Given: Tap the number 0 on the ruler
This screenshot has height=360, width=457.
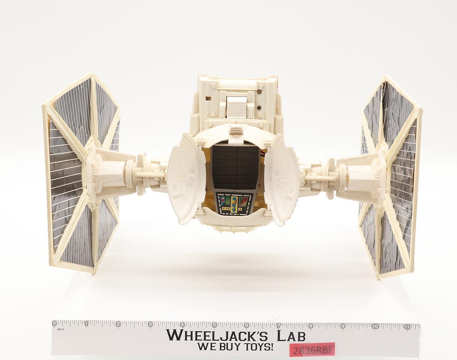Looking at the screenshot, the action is point(55,323).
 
